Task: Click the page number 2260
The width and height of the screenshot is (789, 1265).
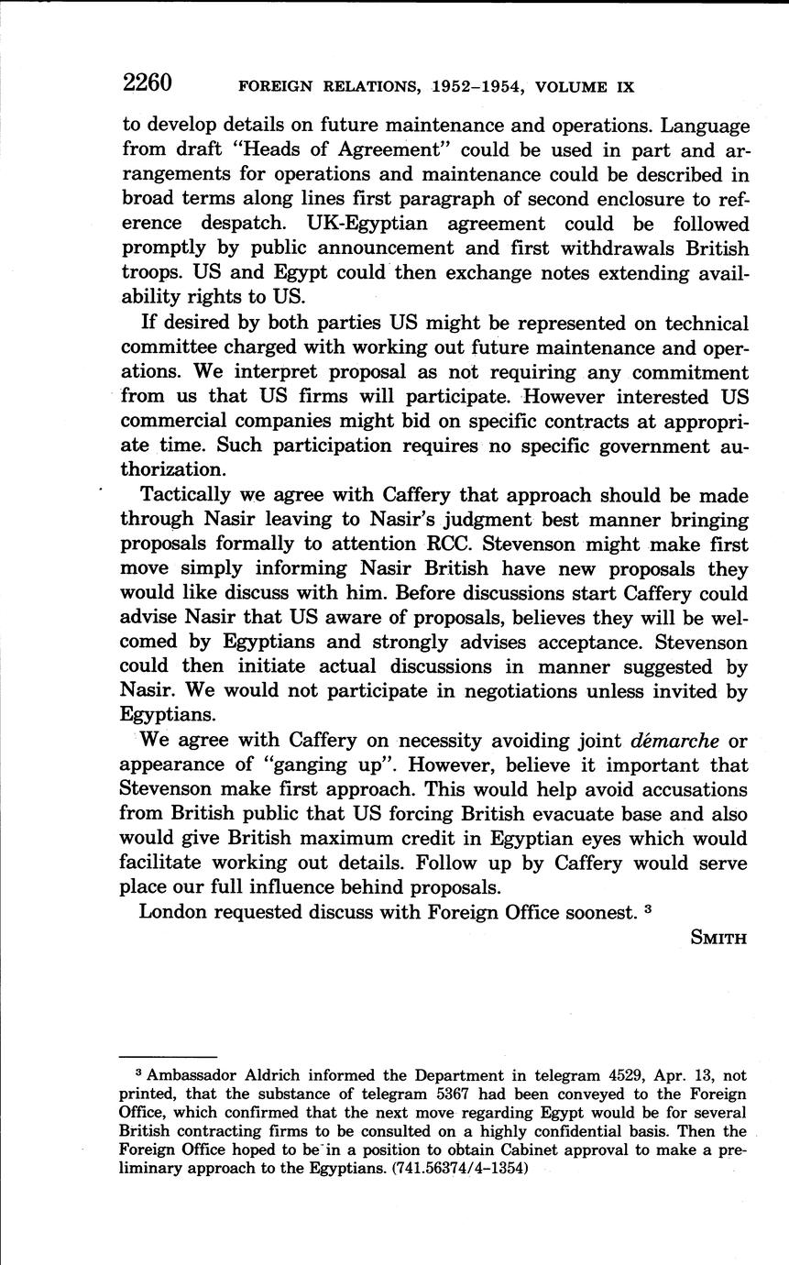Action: pos(148,83)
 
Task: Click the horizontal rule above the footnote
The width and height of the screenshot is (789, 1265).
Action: pos(168,1055)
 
